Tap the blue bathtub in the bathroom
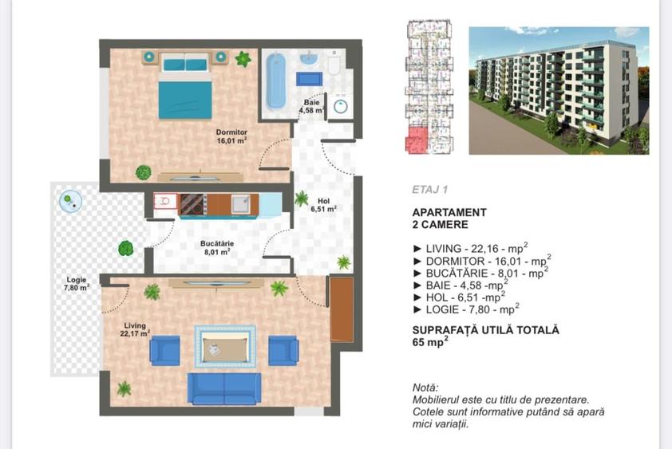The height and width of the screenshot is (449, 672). click(x=275, y=81)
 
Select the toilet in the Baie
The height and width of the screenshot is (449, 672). click(x=334, y=64)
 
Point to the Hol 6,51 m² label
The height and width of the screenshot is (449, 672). click(x=322, y=205)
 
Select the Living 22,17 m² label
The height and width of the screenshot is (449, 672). click(x=136, y=329)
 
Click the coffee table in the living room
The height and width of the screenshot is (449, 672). click(x=224, y=346)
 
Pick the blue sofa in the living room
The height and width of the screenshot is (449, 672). click(x=224, y=388)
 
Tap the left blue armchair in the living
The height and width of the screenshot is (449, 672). click(x=164, y=350)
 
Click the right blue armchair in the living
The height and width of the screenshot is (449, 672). click(x=283, y=350)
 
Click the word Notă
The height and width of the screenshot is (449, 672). click(x=425, y=388)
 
